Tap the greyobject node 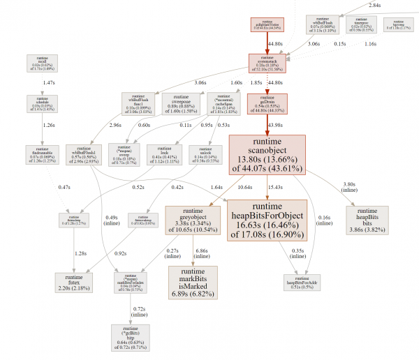(193, 219)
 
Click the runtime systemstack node (267, 63)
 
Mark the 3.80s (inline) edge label (348, 188)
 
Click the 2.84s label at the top (374, 5)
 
